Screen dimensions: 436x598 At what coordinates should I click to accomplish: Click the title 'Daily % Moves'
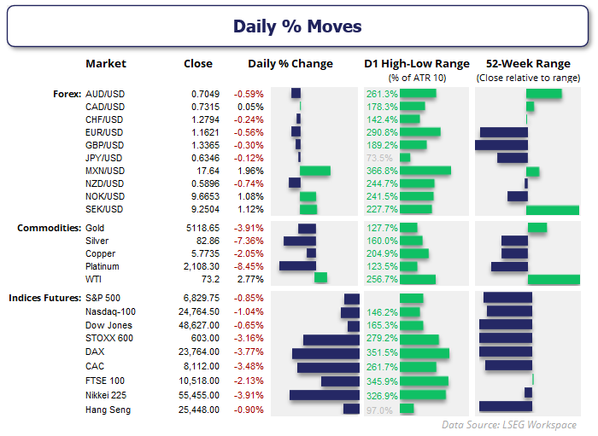pos(298,26)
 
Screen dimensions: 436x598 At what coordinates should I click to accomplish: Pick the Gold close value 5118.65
pos(202,229)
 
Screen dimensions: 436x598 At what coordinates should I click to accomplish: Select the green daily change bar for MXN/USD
pos(314,171)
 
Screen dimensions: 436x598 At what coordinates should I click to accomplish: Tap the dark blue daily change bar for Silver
pos(300,241)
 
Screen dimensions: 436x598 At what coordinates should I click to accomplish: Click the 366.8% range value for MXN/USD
pos(381,171)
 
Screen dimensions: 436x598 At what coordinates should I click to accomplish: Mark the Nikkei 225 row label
pos(110,396)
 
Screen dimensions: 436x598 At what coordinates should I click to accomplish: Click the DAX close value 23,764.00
pos(198,351)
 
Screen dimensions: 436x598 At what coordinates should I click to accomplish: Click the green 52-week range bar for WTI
pos(554,279)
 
